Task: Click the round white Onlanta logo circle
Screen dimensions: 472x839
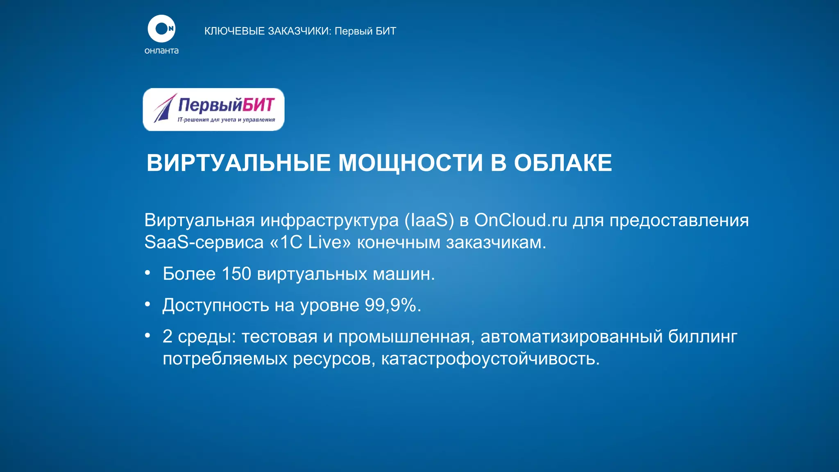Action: [x=161, y=29]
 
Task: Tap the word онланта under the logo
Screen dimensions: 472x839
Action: [x=161, y=51]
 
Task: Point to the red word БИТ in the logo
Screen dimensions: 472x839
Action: [x=258, y=105]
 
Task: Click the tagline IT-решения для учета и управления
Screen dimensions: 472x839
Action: [x=226, y=120]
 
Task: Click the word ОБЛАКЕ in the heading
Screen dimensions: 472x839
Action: [x=563, y=163]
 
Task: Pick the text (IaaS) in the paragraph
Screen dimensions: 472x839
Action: [x=429, y=220]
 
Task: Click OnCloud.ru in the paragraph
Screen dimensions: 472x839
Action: [x=521, y=220]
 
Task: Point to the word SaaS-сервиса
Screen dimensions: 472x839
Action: [x=204, y=243]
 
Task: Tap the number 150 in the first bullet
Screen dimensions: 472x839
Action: [x=236, y=274]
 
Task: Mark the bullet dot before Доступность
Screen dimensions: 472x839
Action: [x=147, y=304]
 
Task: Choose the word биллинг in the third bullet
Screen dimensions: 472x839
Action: [x=703, y=337]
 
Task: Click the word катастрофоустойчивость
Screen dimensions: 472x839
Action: [x=490, y=359]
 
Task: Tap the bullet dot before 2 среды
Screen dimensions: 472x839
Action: [x=147, y=336]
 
